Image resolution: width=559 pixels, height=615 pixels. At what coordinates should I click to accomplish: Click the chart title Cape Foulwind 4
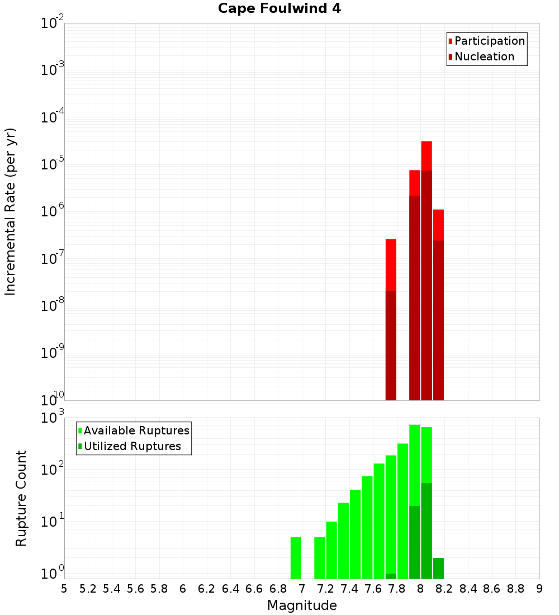[x=279, y=9]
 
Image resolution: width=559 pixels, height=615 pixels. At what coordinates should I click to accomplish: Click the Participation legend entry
[x=489, y=41]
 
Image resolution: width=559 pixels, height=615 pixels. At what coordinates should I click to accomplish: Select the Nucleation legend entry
[x=484, y=56]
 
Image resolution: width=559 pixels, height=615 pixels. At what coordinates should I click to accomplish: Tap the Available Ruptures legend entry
[x=136, y=430]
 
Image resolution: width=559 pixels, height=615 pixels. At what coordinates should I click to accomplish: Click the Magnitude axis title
[x=302, y=605]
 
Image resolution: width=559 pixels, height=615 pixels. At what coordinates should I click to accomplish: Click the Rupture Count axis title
[x=21, y=498]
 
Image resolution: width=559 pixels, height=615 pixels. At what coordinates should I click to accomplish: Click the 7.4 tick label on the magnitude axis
[x=349, y=588]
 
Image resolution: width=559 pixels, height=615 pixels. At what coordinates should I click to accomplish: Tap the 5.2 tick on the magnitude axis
[x=88, y=588]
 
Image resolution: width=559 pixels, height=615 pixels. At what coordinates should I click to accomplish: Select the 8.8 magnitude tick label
[x=515, y=588]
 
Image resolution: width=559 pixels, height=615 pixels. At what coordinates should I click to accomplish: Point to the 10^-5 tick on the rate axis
[x=53, y=164]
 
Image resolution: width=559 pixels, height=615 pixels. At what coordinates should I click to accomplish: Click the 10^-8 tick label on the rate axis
[x=53, y=306]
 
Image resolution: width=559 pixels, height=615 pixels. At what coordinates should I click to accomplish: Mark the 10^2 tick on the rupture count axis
[x=53, y=469]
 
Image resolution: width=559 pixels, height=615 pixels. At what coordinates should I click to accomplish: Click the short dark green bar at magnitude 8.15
[x=438, y=568]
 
